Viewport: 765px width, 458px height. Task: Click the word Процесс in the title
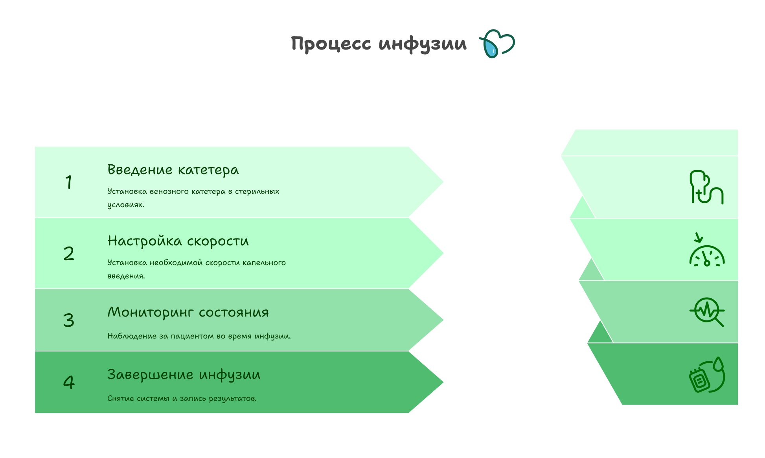[x=331, y=43]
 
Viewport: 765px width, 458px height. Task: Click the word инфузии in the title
[x=423, y=43]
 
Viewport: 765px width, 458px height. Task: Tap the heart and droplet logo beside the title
[x=497, y=44]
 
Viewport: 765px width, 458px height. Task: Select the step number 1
[x=69, y=182]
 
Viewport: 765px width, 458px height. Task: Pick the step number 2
[x=69, y=253]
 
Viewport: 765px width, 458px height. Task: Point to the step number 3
[x=69, y=320]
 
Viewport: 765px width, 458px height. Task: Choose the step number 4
[x=69, y=382]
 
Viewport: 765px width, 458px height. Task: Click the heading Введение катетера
[x=173, y=170]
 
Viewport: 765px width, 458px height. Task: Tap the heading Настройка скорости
[x=178, y=241]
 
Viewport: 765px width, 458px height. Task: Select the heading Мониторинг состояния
[x=188, y=312]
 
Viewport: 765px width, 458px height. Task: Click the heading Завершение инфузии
[x=184, y=375]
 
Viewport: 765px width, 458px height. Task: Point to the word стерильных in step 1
[x=257, y=191]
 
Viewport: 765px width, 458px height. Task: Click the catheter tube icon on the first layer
[x=706, y=187]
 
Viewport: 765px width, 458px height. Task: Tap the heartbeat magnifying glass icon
[x=707, y=312]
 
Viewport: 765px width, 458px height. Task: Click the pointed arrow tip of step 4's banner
[x=443, y=382]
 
